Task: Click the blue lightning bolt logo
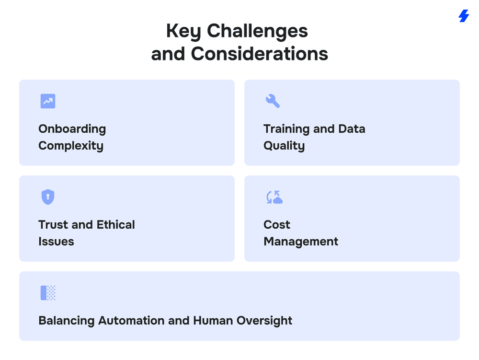click(464, 16)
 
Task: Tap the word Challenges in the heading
click(257, 32)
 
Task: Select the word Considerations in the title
click(259, 54)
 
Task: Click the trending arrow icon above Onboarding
click(48, 101)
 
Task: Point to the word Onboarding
click(72, 129)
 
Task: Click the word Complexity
click(71, 146)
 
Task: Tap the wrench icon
click(273, 101)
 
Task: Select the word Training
click(286, 129)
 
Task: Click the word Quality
click(284, 146)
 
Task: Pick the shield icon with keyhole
click(48, 197)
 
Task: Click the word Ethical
click(116, 225)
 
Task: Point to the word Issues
click(56, 242)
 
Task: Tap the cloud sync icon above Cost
click(274, 197)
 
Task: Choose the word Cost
click(277, 225)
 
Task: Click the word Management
click(301, 242)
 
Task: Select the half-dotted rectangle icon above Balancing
click(48, 293)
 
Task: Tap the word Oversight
click(264, 321)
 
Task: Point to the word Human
click(213, 321)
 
